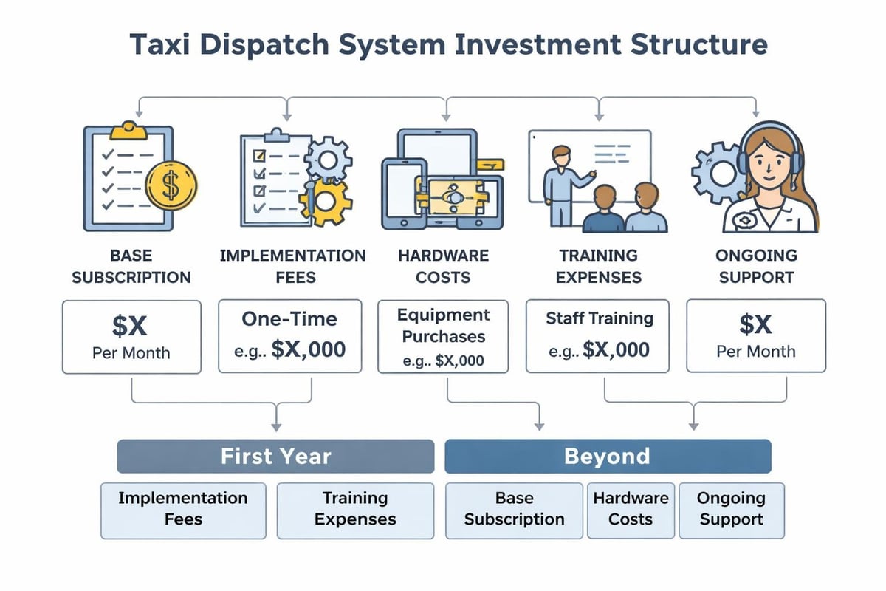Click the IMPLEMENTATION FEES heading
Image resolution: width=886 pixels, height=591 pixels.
[292, 267]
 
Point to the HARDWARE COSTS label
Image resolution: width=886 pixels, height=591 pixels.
[443, 267]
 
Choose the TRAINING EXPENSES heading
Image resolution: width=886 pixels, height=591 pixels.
[598, 267]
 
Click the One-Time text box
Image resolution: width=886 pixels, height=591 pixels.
[290, 335]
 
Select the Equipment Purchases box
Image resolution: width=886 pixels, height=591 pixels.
[442, 337]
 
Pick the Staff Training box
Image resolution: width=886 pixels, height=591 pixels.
[597, 335]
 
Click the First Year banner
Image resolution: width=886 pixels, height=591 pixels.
[275, 456]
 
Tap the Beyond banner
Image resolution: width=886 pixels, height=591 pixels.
[607, 456]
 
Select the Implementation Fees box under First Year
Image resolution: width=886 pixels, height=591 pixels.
[183, 509]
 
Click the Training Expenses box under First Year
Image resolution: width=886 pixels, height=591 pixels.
[355, 509]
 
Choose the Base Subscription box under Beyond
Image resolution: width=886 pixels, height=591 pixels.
[514, 509]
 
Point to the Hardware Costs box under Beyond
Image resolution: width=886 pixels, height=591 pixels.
[631, 509]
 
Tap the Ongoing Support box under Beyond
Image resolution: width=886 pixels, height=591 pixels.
[731, 509]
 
